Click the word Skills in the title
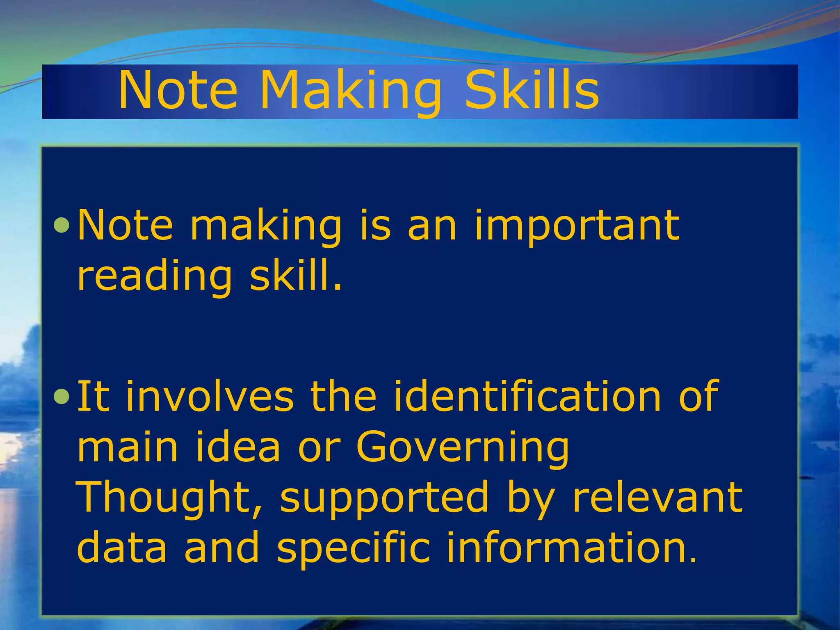[532, 90]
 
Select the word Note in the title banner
[178, 90]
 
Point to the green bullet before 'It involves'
[62, 397]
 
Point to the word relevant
[657, 498]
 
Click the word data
[122, 548]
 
